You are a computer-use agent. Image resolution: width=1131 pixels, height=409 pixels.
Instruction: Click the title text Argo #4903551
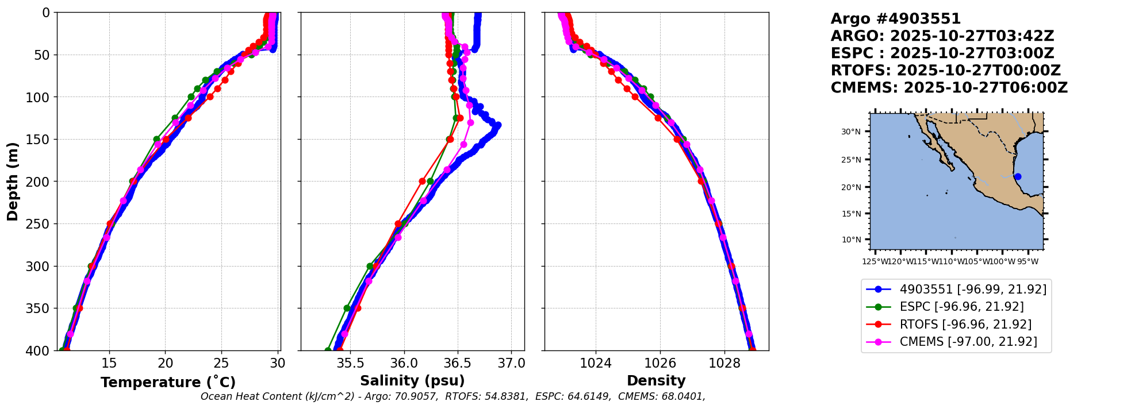tap(895, 19)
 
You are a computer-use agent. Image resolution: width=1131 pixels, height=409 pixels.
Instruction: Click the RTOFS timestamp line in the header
tap(945, 71)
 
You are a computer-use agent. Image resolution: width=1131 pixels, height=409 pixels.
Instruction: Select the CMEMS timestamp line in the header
tap(949, 88)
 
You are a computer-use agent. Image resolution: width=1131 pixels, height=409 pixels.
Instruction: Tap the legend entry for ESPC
tap(961, 307)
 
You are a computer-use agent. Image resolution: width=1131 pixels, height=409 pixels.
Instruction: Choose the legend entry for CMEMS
tap(968, 342)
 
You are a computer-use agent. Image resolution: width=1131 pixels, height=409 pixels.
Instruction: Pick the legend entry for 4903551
tap(973, 290)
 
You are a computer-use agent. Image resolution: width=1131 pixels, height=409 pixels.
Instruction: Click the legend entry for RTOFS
tap(965, 325)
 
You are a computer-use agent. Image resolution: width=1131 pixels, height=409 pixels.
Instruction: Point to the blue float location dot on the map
tap(1018, 176)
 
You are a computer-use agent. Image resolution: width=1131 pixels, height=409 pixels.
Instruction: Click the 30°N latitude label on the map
tap(851, 132)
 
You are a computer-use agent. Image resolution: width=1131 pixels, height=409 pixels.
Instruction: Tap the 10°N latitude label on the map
tap(851, 240)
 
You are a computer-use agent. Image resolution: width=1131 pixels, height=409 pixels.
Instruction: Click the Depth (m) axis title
tap(13, 182)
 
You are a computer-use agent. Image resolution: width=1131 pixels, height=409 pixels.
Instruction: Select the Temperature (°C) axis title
tap(168, 383)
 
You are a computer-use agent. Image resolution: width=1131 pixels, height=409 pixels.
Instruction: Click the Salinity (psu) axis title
tap(412, 381)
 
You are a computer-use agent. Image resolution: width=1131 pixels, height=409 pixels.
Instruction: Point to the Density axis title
tap(656, 381)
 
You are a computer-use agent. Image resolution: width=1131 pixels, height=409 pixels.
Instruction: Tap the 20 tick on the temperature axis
tap(165, 364)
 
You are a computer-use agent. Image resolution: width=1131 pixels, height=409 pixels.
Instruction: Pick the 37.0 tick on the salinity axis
tap(511, 364)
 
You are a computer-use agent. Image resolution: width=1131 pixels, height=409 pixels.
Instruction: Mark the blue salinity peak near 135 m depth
tap(497, 125)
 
